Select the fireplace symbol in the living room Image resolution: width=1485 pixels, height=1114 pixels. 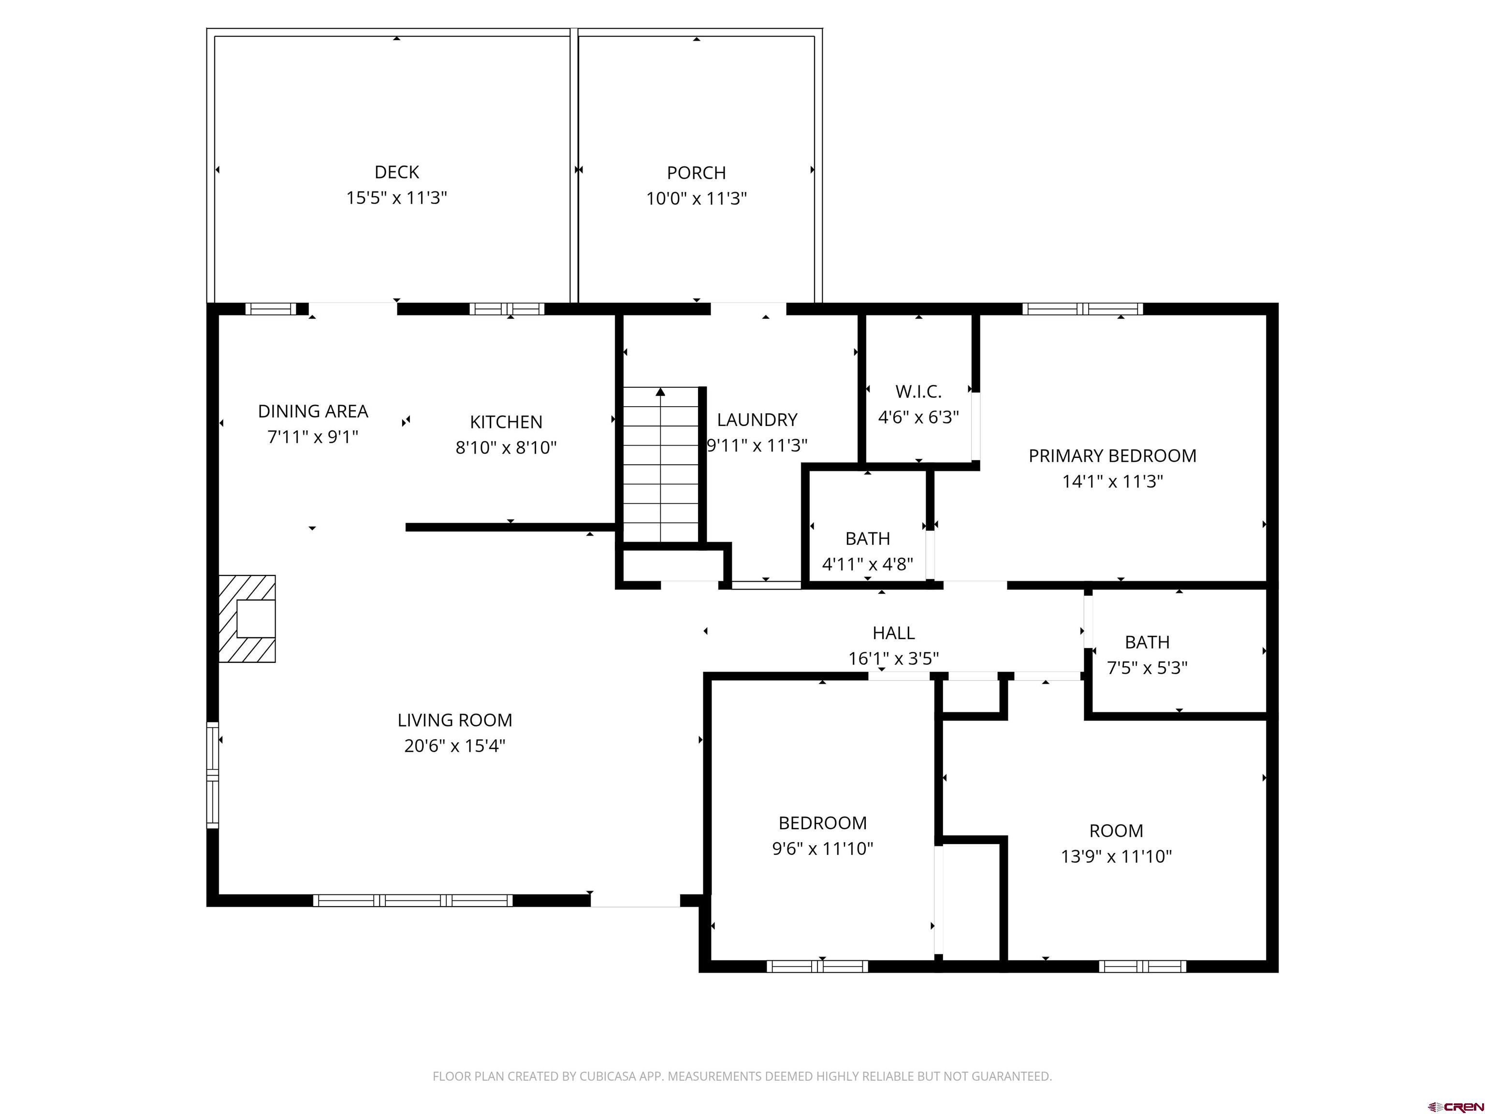point(247,618)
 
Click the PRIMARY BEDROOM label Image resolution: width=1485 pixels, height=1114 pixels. point(1112,456)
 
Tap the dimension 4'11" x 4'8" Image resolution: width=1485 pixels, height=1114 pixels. point(867,564)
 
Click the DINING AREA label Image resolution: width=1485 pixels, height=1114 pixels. point(313,411)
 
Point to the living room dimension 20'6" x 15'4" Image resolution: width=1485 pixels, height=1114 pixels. point(454,746)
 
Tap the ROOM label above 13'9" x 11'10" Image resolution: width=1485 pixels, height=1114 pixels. point(1116,831)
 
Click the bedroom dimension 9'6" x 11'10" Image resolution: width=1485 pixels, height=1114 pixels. point(822,849)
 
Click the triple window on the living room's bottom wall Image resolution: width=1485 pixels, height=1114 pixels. point(412,900)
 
